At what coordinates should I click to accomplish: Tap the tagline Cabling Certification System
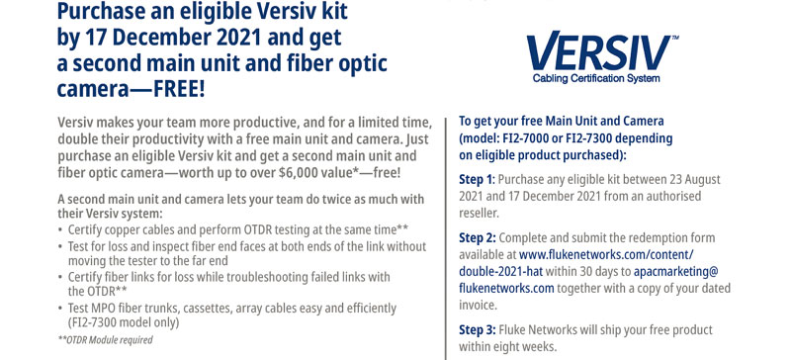pos(596,78)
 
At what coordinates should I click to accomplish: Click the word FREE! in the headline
pos(179,88)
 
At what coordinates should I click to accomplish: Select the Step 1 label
pos(478,179)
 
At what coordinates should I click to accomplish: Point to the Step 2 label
pos(478,237)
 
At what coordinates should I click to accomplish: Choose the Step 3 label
pos(478,330)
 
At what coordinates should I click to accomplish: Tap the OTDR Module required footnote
pos(106,340)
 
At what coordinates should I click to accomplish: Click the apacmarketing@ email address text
pos(676,271)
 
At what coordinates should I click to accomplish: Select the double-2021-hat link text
pos(501,271)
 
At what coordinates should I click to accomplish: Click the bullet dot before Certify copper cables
pos(61,230)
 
